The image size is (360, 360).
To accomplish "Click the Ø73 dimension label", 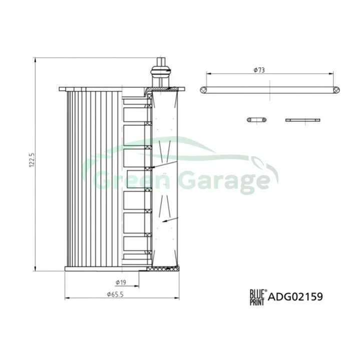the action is coord(259,70).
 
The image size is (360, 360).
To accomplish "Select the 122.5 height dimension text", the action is coord(32,160).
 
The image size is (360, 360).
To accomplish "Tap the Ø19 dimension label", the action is coord(121,282).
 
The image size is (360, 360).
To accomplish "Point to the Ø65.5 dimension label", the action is coord(115,294).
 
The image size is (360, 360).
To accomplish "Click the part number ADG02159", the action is coord(295,296).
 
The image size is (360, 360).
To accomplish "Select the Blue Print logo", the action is coord(258,297).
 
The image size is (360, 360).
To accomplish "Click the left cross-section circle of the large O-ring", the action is coord(203,90).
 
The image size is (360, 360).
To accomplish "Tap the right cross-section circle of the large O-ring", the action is coord(336,90).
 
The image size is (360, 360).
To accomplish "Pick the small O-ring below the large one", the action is coord(257,120).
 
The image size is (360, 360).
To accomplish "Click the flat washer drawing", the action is coord(302,120).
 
